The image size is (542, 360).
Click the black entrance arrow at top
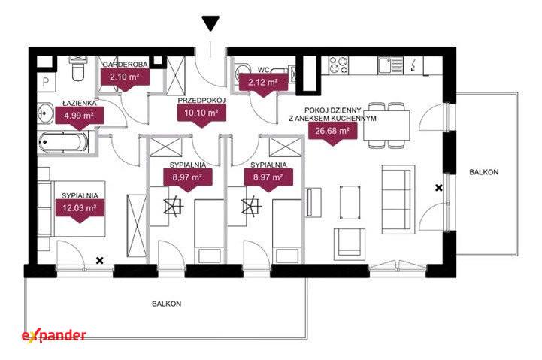click(210, 23)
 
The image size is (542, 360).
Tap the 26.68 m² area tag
click(332, 132)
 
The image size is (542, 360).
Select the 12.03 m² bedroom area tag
click(80, 210)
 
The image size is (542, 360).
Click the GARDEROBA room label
click(125, 65)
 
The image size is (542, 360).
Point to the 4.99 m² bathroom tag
click(80, 116)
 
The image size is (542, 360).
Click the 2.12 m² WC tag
click(263, 83)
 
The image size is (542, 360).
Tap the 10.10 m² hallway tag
click(201, 115)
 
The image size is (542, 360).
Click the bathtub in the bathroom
click(64, 142)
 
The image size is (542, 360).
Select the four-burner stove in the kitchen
click(338, 65)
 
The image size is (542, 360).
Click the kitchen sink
click(391, 65)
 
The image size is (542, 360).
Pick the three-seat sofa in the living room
click(398, 199)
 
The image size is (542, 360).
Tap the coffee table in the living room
click(350, 202)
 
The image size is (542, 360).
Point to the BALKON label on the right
click(483, 172)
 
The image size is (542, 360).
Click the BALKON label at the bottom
click(167, 304)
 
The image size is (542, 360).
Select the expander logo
click(54, 336)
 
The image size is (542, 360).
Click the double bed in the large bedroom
click(71, 208)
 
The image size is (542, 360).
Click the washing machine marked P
click(47, 82)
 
